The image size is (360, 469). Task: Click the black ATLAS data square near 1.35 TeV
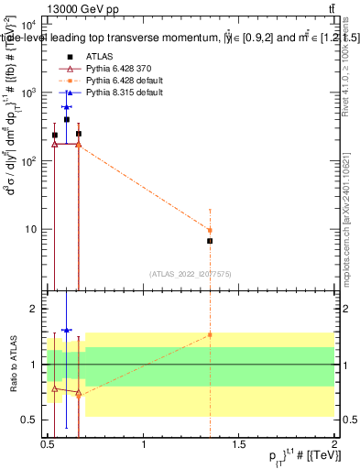point(210,241)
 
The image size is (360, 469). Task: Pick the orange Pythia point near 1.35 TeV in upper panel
point(210,231)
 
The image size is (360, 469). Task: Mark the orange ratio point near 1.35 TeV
point(210,335)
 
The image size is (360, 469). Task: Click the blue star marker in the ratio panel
point(66,330)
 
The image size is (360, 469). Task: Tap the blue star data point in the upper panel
point(66,108)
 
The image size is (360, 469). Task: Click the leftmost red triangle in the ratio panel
point(55,389)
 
